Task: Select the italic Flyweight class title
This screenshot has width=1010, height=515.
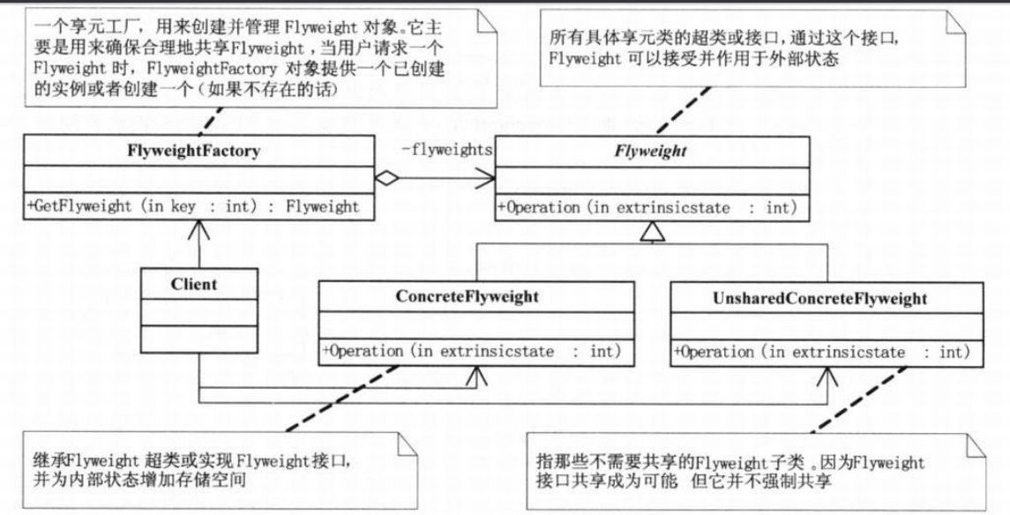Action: coord(649,151)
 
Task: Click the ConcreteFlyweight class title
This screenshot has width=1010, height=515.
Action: coord(475,297)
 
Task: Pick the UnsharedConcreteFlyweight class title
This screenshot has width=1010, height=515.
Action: coord(825,299)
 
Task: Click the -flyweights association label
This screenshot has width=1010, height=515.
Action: coord(446,151)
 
